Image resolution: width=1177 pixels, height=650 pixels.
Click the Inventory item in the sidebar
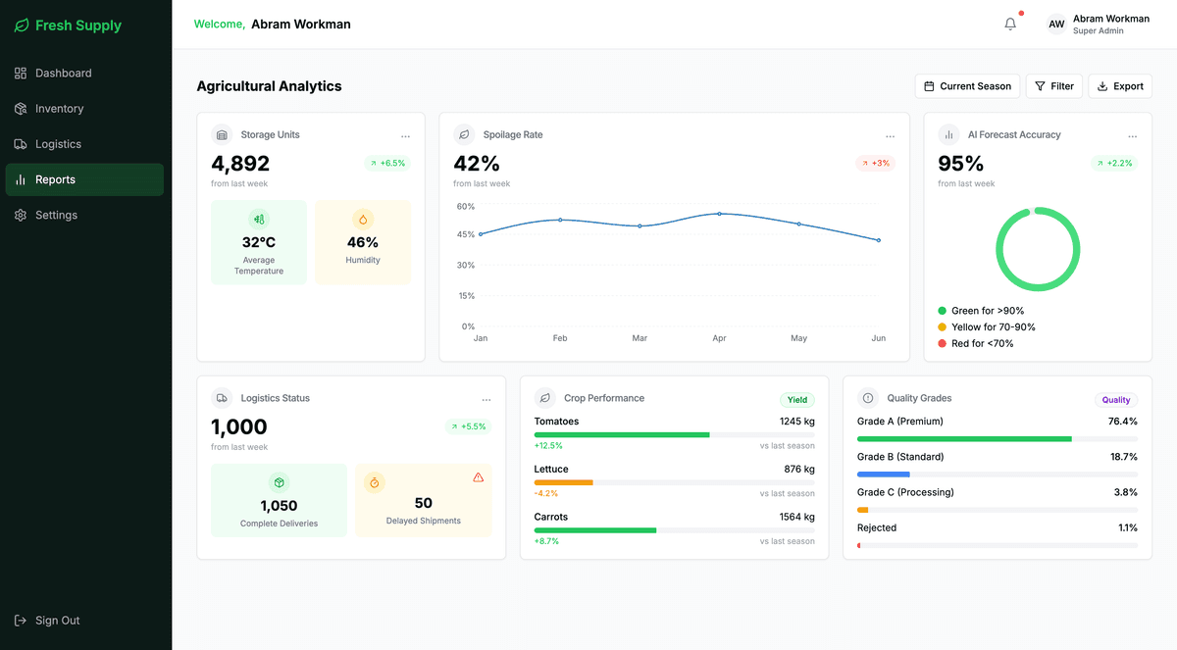click(59, 109)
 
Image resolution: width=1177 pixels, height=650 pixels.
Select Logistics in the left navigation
click(58, 144)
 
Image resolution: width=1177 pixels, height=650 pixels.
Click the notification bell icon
click(1010, 25)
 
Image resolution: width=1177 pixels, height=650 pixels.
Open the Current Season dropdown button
click(967, 86)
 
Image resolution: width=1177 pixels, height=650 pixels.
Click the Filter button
click(1053, 86)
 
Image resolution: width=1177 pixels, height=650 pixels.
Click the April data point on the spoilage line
click(719, 214)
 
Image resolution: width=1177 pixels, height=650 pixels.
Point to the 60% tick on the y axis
click(465, 207)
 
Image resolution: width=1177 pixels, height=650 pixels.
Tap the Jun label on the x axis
click(878, 338)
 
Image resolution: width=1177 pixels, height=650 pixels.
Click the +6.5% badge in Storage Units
click(386, 164)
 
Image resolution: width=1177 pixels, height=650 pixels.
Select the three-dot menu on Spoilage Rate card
click(890, 136)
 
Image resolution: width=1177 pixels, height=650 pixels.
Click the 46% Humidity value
click(362, 242)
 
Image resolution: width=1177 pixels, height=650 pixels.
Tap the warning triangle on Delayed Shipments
click(479, 477)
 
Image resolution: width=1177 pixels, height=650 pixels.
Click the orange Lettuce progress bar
click(563, 482)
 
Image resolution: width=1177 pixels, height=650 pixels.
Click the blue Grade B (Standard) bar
click(883, 475)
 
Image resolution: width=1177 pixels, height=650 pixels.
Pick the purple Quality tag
click(1115, 400)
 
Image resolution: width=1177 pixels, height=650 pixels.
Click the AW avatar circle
click(1055, 25)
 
